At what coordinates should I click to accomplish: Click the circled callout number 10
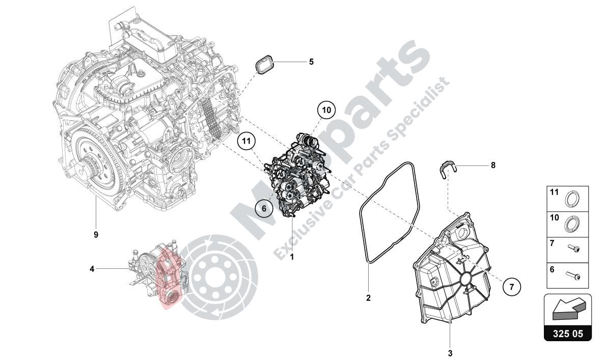point(326,110)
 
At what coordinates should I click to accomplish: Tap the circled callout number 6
point(264,208)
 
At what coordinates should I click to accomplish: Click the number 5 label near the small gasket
point(311,62)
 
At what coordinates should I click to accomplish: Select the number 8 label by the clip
point(493,165)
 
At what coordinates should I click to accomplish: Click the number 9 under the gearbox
point(96,235)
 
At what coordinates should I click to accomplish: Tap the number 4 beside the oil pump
point(92,268)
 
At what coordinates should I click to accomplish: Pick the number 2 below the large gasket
point(368,298)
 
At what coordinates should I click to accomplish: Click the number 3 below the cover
point(450,352)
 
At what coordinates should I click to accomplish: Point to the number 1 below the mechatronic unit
point(292,257)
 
